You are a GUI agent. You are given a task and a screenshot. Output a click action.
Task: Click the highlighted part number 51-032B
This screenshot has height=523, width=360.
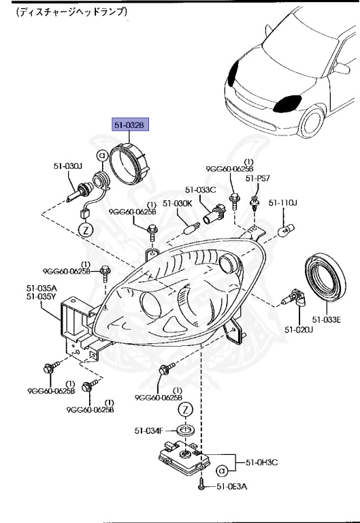(130, 125)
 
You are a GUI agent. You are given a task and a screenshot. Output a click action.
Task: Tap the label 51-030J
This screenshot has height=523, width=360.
(68, 165)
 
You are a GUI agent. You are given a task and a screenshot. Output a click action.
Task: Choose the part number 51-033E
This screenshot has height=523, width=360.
(326, 318)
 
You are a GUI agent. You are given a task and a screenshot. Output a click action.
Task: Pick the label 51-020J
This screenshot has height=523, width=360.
(299, 330)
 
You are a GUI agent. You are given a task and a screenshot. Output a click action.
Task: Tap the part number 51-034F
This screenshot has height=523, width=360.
(148, 430)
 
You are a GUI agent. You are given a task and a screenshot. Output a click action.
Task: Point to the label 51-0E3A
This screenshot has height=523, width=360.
(233, 486)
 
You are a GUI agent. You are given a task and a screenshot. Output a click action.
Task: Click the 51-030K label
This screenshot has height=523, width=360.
(180, 203)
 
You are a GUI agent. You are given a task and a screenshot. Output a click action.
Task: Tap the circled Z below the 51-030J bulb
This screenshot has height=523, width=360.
(86, 229)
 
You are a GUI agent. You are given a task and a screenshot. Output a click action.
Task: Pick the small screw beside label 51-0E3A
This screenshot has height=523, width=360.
(201, 485)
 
